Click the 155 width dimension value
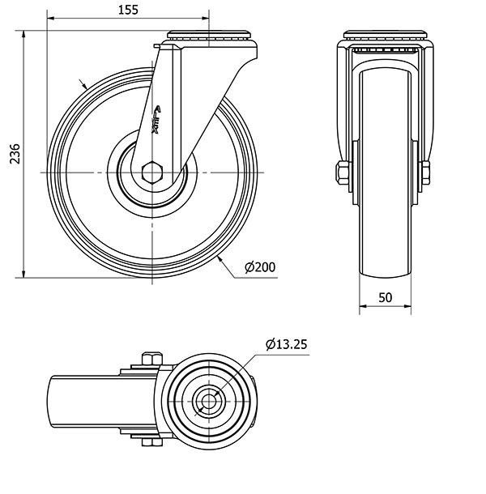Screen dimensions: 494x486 (x=127, y=10)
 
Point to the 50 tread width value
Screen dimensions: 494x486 (x=386, y=297)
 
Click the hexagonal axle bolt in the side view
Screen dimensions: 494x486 (x=151, y=173)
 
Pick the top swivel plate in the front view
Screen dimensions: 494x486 (x=386, y=37)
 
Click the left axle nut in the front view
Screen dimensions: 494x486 (x=341, y=172)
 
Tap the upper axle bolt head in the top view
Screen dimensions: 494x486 (x=151, y=359)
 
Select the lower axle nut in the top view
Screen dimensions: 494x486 (x=151, y=441)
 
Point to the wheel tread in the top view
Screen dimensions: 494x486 (x=65, y=400)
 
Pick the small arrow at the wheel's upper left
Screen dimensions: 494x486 (x=83, y=84)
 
